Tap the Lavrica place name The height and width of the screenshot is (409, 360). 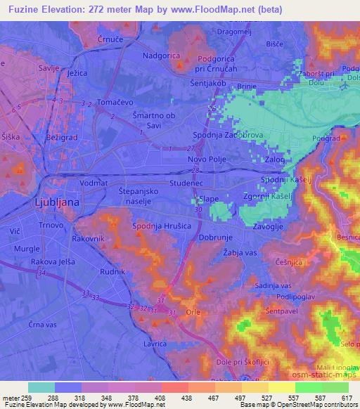155,344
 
